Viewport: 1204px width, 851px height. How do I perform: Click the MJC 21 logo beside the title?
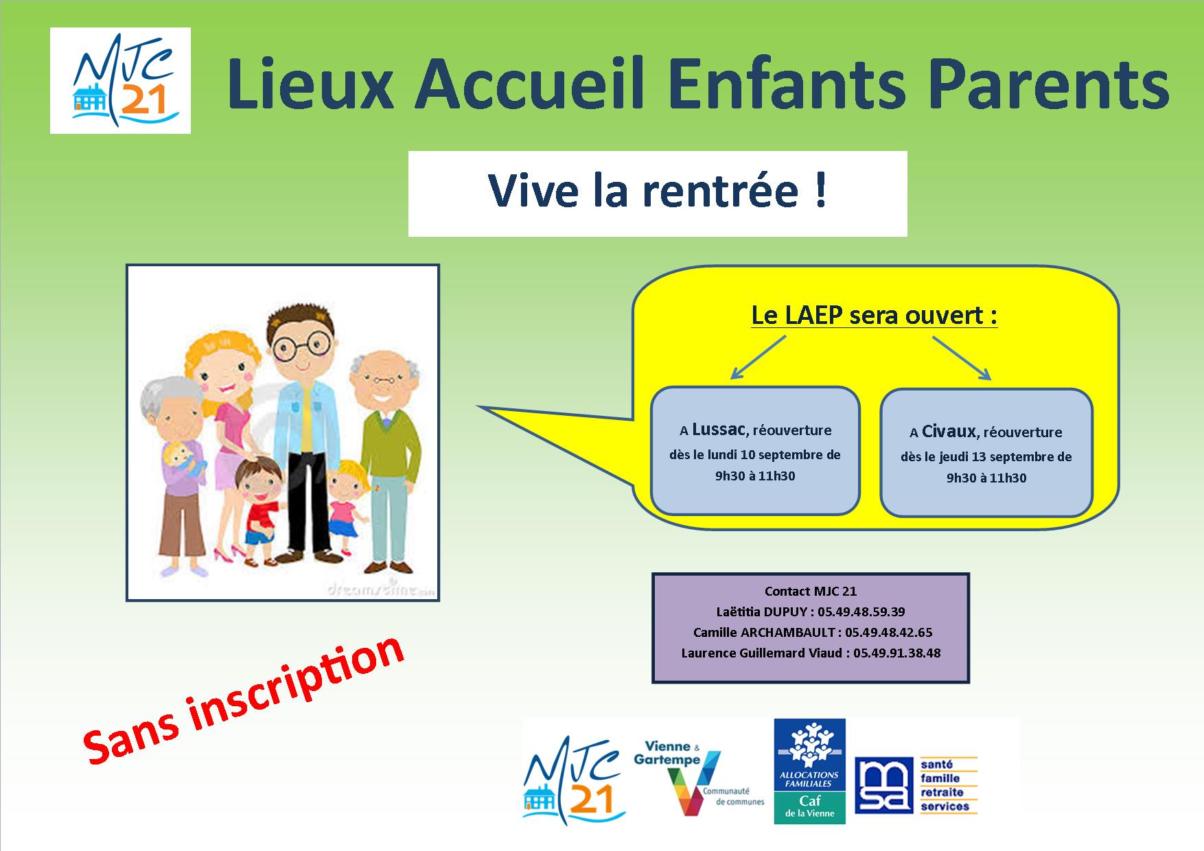120,80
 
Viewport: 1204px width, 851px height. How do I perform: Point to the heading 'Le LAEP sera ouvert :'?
874,316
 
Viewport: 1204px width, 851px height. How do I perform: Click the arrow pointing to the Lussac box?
758,357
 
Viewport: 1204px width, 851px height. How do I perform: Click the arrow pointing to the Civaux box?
962,358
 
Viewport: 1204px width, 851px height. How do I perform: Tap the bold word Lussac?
718,430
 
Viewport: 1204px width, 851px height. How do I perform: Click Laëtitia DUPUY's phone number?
861,611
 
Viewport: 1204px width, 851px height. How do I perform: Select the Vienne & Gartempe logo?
699,776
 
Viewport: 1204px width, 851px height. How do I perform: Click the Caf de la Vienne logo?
809,771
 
